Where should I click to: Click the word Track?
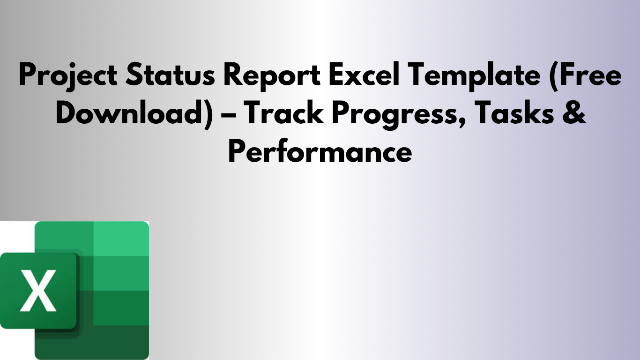click(x=284, y=114)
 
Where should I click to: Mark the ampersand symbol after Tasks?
click(x=576, y=114)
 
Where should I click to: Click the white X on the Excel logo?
click(x=38, y=290)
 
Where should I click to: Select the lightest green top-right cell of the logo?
click(x=121, y=239)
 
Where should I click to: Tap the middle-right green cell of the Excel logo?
click(x=121, y=273)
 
